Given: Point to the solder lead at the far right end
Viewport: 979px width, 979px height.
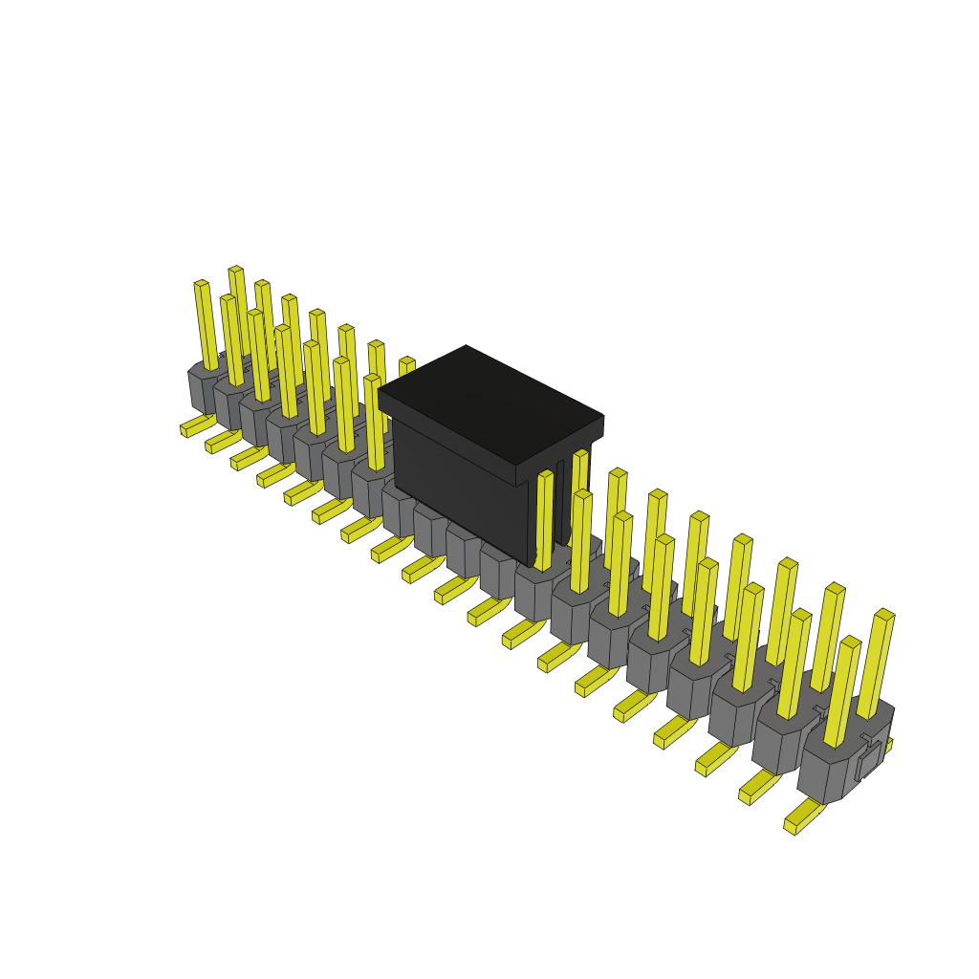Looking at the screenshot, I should (803, 817).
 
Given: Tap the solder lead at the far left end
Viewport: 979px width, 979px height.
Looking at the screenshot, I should (196, 425).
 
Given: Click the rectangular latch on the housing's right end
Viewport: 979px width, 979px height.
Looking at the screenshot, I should (868, 760).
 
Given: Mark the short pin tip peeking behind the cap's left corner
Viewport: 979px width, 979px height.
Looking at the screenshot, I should (407, 364).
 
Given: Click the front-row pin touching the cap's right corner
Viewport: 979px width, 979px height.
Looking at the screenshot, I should (544, 521).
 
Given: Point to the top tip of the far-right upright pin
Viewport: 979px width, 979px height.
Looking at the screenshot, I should (884, 615).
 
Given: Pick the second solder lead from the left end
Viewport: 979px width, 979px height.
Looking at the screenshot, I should (222, 442).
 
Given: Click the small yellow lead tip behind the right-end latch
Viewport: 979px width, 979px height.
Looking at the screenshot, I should (889, 744).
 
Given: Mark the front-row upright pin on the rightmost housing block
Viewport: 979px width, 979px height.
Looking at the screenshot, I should (841, 693).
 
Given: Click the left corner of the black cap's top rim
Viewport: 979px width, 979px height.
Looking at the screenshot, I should (381, 392).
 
